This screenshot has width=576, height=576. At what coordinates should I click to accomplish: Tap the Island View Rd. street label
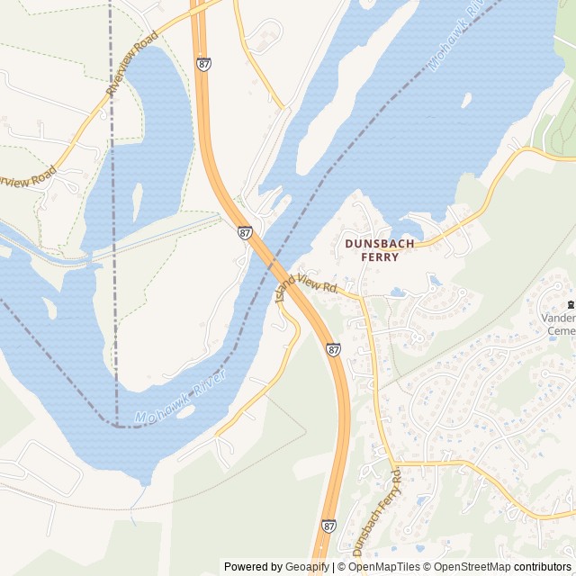[305, 286]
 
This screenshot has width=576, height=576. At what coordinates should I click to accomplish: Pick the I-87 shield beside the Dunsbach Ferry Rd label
[328, 525]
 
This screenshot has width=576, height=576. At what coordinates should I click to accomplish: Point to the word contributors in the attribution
[543, 567]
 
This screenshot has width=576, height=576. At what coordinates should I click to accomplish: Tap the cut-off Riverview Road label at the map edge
[27, 178]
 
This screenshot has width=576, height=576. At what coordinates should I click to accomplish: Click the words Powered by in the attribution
[252, 567]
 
